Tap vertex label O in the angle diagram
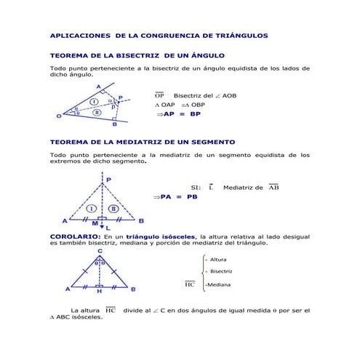58,115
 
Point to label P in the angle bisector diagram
120,95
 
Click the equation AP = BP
182,114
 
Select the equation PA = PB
178,196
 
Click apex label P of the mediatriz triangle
109,179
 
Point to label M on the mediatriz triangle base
94,224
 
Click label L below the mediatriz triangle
109,228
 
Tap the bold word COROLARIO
74,236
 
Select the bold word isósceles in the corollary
174,236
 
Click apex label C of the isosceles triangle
100,251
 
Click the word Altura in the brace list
218,260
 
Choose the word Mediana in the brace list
219,284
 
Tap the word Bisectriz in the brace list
221,271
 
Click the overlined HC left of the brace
190,284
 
